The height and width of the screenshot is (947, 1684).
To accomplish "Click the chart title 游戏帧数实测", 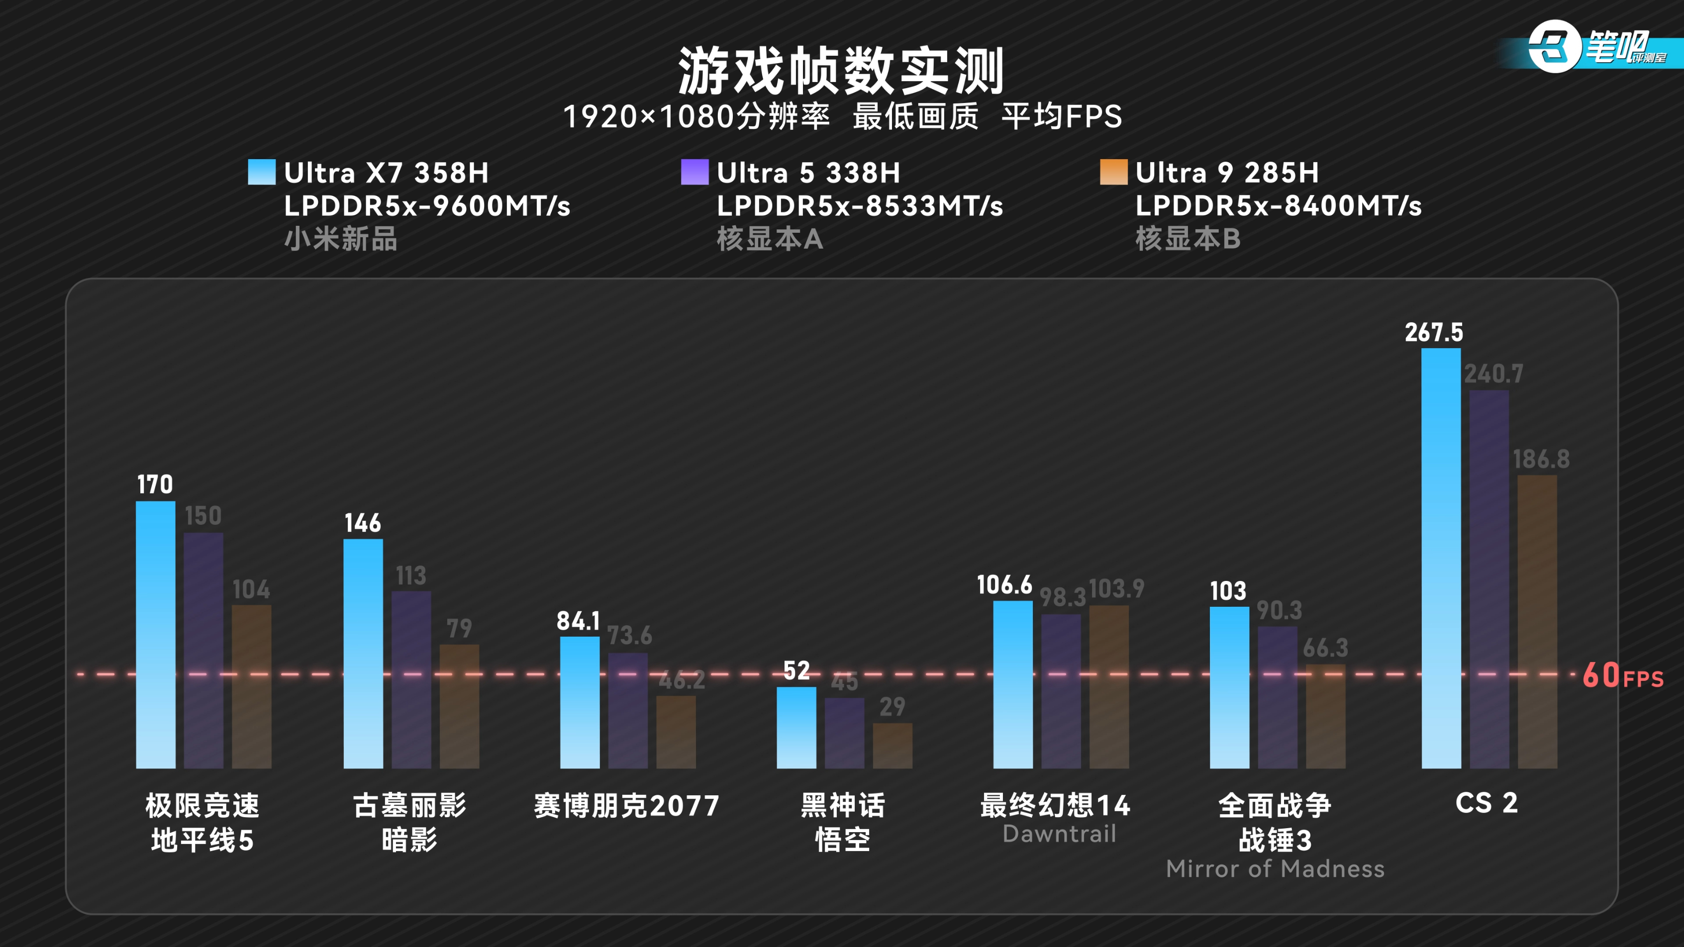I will [841, 71].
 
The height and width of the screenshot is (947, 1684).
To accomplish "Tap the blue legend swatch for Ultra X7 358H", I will [262, 172].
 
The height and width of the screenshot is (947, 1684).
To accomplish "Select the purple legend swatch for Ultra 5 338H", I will [694, 172].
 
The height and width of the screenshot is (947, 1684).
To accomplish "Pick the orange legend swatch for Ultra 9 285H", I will [1113, 172].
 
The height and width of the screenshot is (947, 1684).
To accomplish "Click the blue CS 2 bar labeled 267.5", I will [1441, 559].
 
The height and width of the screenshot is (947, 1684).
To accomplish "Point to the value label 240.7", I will [1493, 374].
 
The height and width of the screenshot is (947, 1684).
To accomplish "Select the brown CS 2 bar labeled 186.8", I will [1537, 621].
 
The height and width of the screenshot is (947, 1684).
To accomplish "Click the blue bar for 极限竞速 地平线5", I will [156, 634].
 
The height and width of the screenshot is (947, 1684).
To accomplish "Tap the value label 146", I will [362, 523].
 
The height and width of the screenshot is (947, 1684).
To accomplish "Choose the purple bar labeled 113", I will [411, 680].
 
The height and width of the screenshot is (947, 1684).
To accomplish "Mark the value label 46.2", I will [681, 681].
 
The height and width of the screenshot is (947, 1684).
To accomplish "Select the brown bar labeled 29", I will [892, 745].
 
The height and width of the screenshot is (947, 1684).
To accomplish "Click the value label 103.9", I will [1116, 589].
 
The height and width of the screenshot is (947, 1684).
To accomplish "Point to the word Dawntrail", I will [1059, 834].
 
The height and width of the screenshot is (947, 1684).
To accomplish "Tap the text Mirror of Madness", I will [1275, 868].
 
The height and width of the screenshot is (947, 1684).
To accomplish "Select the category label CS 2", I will [1486, 803].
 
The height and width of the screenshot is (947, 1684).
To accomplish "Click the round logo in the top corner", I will [1553, 46].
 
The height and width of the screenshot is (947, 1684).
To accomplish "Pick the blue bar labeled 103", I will [1229, 687].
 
